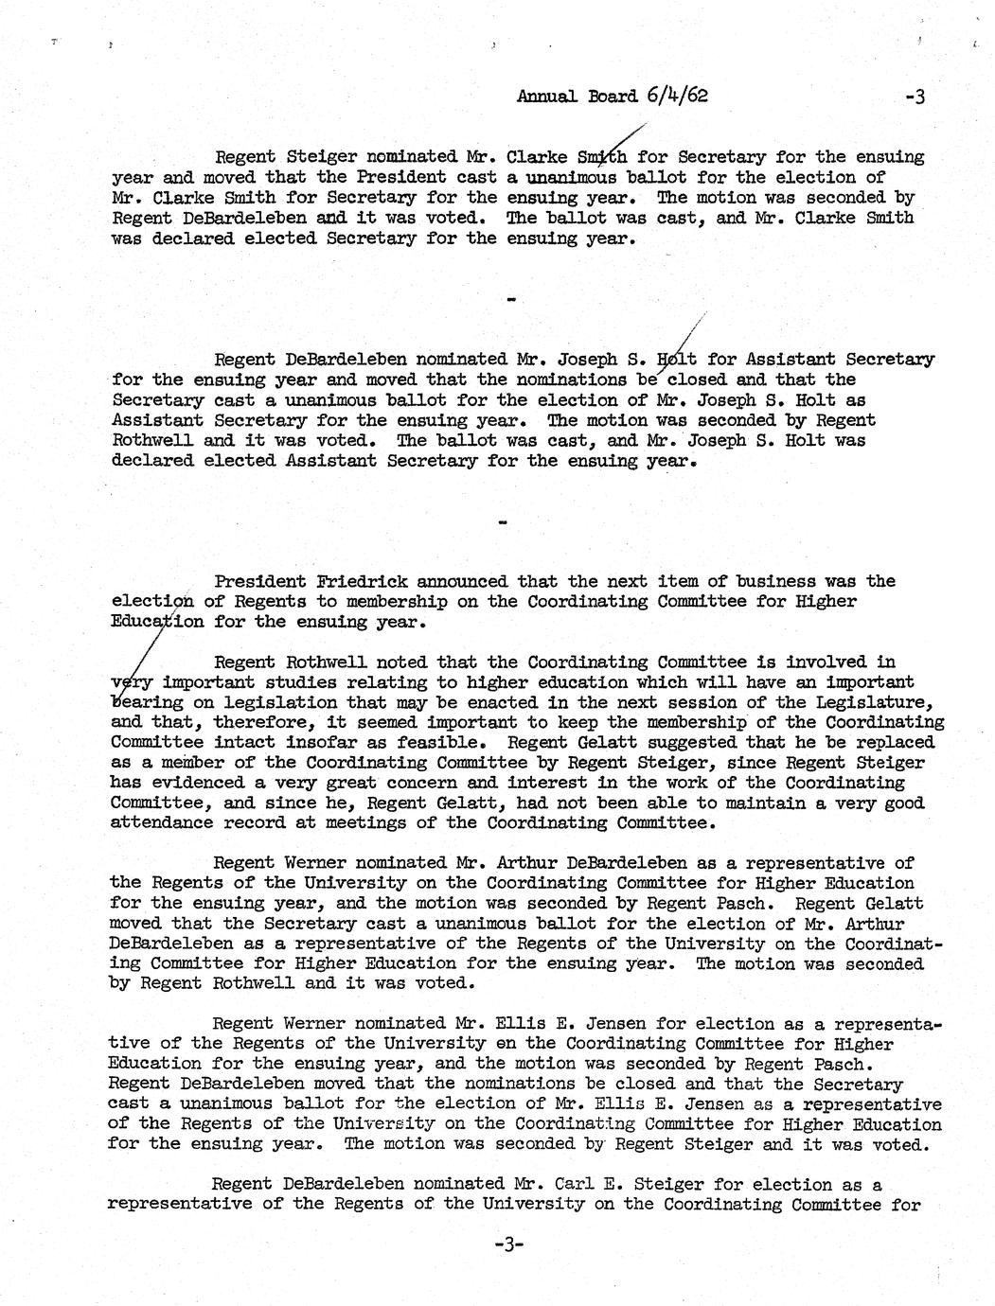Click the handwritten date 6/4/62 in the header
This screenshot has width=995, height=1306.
click(x=679, y=95)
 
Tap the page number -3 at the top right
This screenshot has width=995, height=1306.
click(x=915, y=97)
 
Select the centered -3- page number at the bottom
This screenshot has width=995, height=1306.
click(x=508, y=1245)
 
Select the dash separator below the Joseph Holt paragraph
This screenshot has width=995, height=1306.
click(x=503, y=521)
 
